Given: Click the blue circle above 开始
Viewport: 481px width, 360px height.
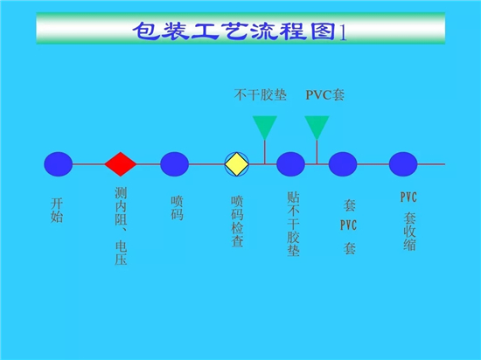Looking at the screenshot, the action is click(59, 164).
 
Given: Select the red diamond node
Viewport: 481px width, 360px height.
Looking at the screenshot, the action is click(121, 164).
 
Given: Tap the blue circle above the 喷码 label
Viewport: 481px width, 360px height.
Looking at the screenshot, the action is click(174, 164).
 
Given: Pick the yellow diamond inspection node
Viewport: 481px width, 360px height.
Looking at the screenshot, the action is click(236, 164).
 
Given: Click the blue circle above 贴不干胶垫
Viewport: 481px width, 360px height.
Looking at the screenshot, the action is click(290, 164).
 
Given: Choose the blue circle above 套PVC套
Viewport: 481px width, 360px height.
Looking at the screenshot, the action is click(343, 164).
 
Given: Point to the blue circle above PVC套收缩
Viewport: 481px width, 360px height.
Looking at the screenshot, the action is click(403, 164).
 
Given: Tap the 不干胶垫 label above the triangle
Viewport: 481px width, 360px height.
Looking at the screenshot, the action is click(261, 95).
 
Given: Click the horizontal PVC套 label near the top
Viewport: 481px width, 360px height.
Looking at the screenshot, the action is click(324, 95).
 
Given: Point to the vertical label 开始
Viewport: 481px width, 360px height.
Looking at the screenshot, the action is click(57, 211).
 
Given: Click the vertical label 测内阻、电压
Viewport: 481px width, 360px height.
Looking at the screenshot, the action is click(121, 225).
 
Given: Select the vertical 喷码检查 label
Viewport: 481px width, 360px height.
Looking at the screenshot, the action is click(237, 222).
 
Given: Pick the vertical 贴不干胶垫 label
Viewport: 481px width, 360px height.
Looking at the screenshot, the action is click(293, 224).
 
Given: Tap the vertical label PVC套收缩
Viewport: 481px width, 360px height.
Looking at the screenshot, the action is click(409, 221).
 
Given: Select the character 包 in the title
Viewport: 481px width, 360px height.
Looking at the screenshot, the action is click(145, 31).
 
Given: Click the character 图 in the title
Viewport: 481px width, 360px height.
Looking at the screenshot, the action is click(323, 31).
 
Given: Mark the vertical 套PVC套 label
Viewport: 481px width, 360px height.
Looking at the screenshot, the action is click(349, 226).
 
